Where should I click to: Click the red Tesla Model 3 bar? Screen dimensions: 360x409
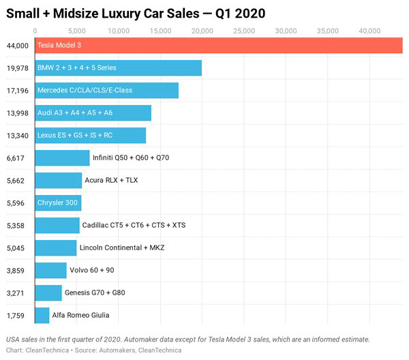coord(218,45)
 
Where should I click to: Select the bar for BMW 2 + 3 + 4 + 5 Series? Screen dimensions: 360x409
coord(118,67)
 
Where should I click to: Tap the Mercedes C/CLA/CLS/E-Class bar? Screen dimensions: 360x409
coord(106,90)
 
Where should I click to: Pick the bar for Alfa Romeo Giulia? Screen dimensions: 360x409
coord(42,315)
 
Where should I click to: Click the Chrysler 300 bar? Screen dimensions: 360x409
coord(58,202)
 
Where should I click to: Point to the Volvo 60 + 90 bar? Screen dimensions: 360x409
coord(50,270)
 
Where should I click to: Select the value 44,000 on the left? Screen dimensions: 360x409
coord(17,45)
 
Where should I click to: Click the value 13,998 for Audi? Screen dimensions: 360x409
coord(17,112)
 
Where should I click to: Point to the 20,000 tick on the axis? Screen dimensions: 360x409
coord(202,31)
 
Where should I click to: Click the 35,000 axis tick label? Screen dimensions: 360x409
coord(327,31)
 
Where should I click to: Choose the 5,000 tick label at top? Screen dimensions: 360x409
coord(76,31)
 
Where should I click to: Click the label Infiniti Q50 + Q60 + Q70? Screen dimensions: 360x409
coord(130,157)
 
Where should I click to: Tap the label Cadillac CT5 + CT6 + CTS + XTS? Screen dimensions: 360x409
coord(133,225)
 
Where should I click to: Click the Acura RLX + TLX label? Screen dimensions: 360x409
coord(111,180)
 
